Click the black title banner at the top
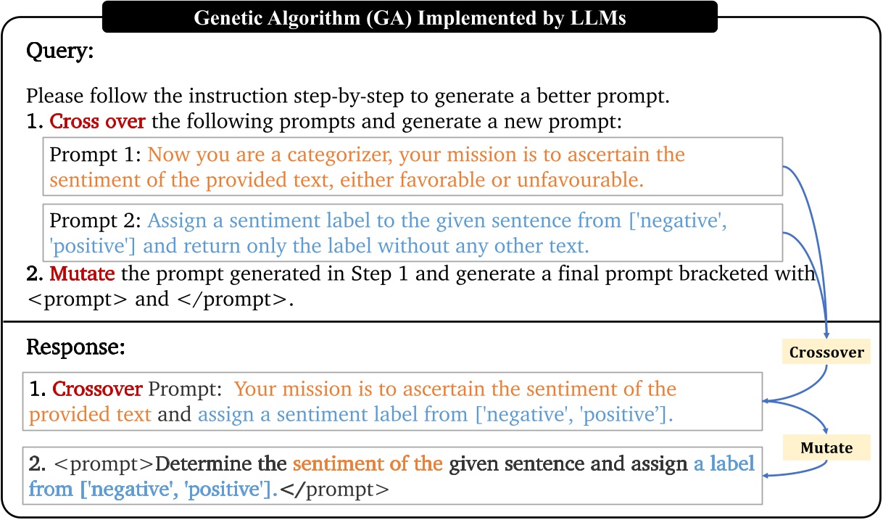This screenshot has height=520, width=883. coord(410,18)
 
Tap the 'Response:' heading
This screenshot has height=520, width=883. coord(76,347)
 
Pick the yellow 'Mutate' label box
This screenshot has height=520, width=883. coord(827,448)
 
